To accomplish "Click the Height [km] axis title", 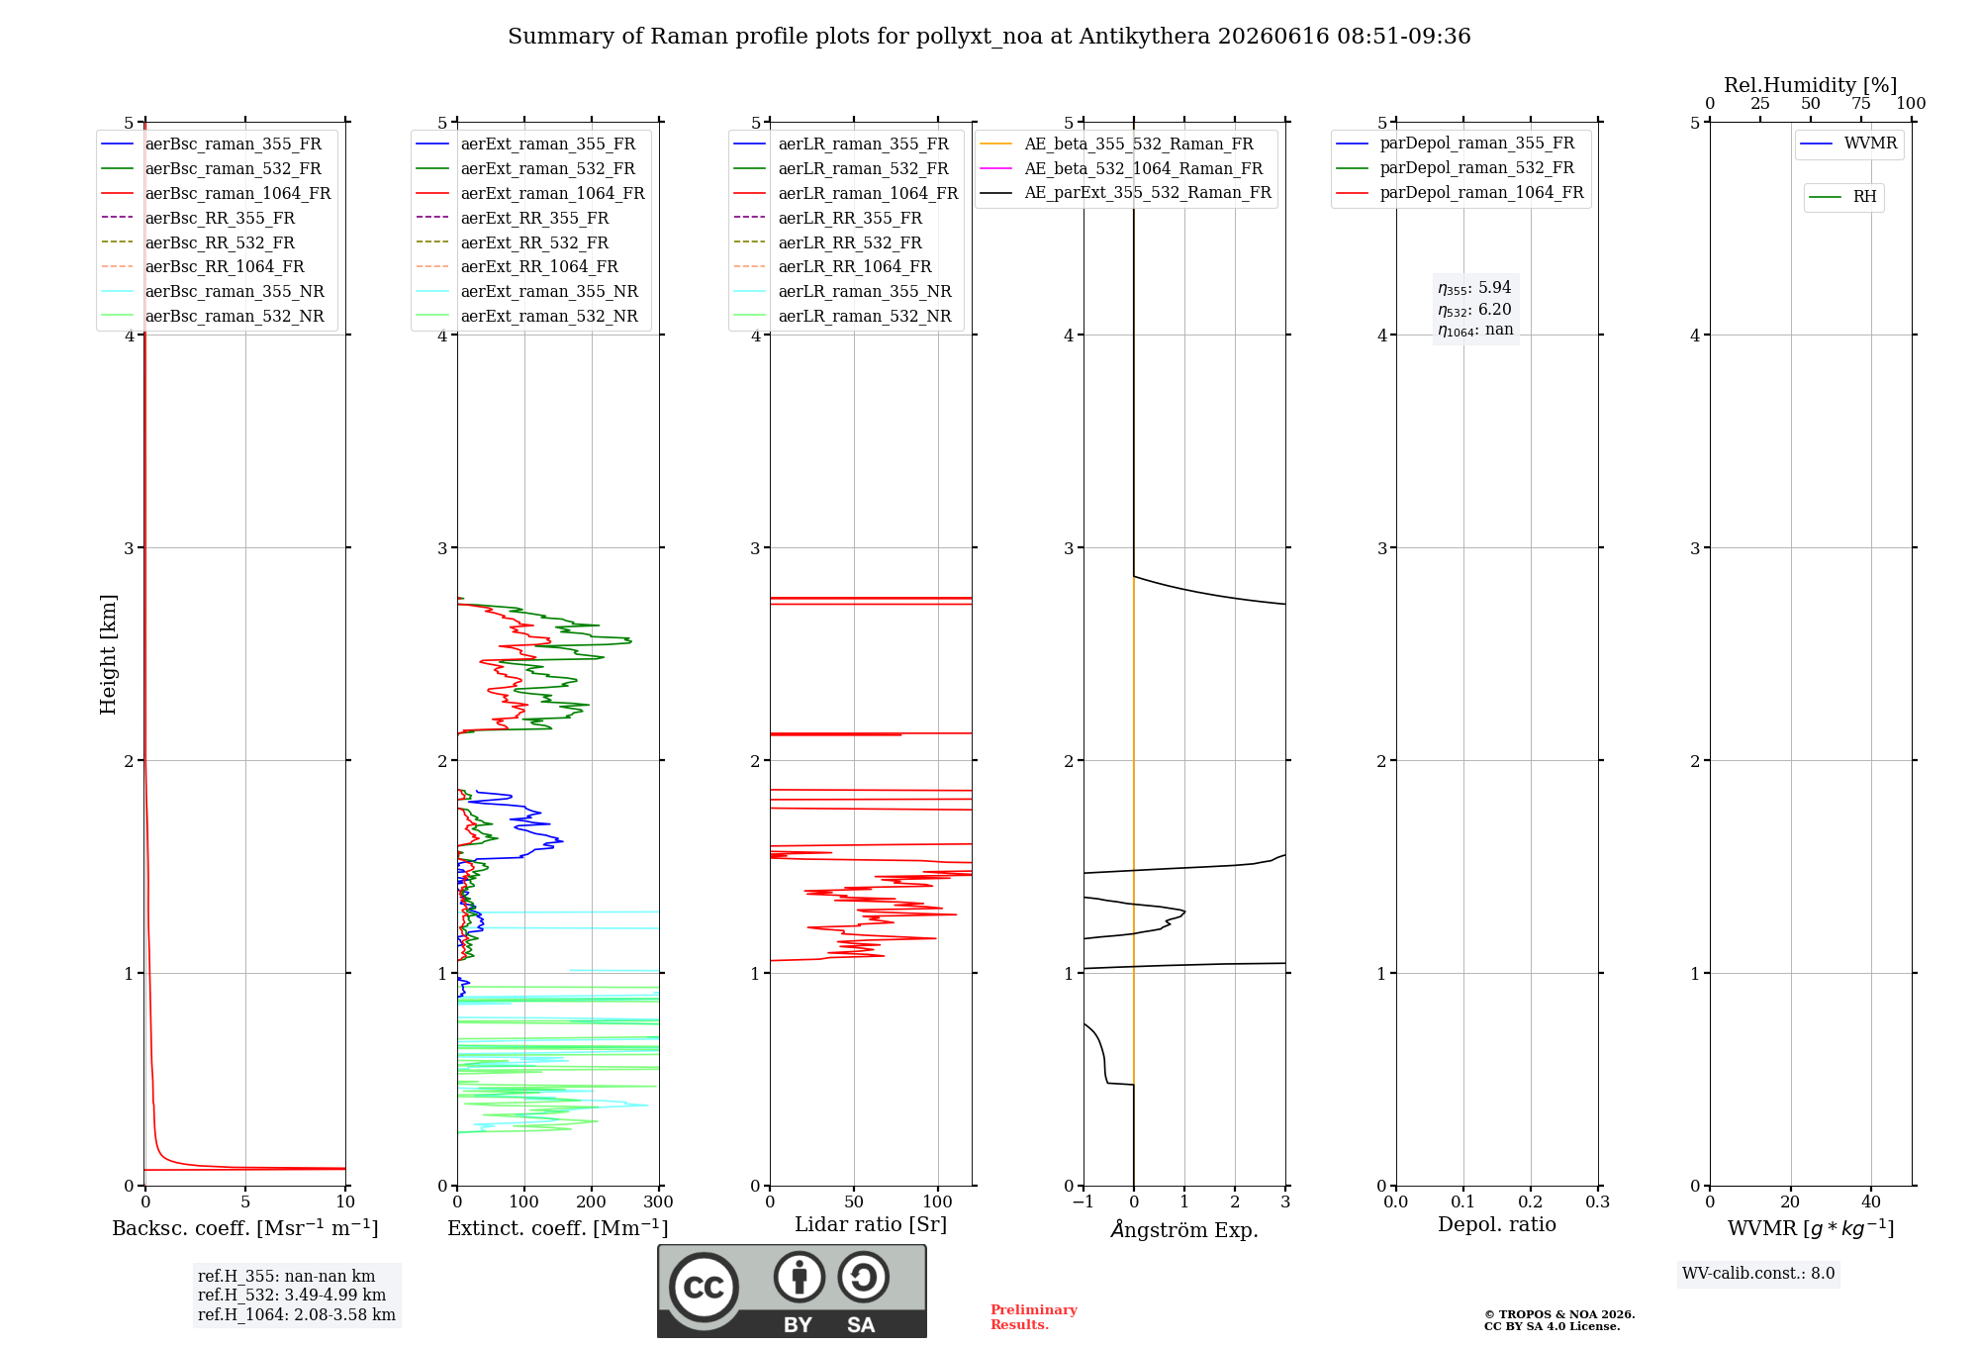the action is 108,654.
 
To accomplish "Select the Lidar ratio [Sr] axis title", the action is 871,1225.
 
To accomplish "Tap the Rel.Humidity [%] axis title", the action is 1811,85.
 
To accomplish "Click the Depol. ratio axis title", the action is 1497,1224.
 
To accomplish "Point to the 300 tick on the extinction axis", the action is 659,1202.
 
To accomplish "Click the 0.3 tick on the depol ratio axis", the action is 1598,1202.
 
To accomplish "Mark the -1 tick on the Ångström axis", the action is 1084,1202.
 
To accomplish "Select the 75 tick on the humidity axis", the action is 1861,104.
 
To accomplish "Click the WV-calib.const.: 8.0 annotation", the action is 1758,1274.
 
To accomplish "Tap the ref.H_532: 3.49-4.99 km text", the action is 292,1296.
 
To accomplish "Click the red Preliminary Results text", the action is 1034,1317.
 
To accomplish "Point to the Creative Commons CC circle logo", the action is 704,1288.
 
